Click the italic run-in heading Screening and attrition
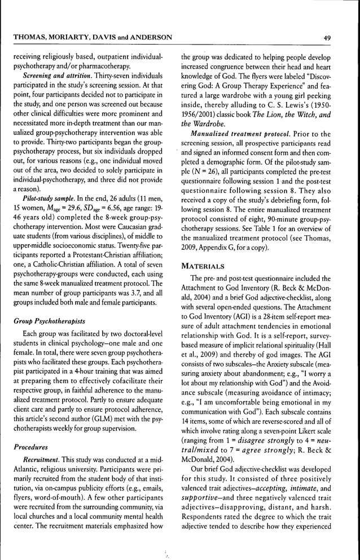coord(55,75)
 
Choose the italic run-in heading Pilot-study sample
coord(47,199)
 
